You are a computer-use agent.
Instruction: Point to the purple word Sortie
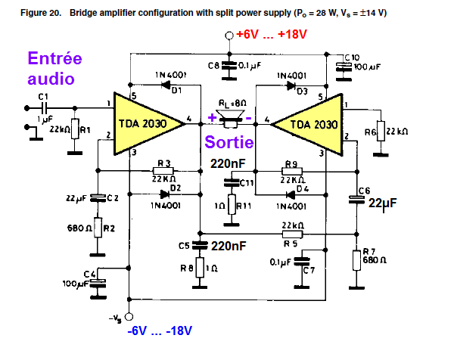click(229, 142)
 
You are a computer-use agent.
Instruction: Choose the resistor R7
click(356, 259)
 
